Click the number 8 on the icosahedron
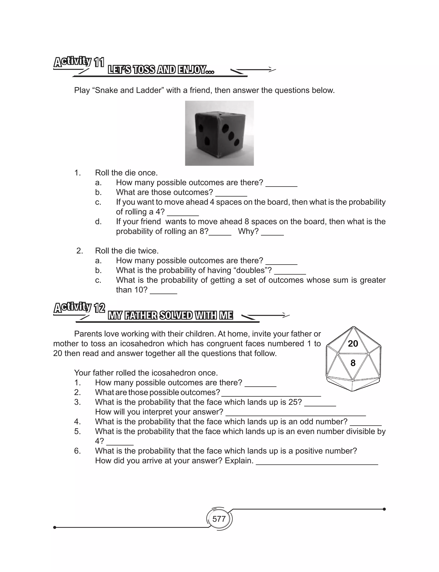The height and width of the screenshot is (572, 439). (x=353, y=363)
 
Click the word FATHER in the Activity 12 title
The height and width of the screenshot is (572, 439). (x=141, y=315)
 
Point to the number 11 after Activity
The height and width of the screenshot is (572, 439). (x=99, y=63)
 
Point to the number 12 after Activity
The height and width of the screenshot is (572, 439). (x=99, y=308)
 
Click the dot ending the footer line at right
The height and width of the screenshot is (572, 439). (x=384, y=509)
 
